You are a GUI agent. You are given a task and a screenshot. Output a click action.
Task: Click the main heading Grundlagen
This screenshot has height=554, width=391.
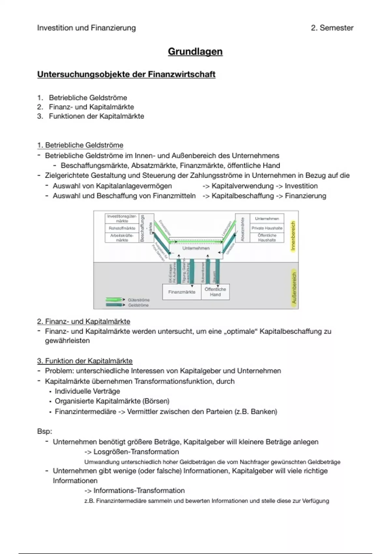[x=195, y=51]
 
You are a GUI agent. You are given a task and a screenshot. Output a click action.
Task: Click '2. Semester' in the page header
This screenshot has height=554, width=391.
[x=332, y=28]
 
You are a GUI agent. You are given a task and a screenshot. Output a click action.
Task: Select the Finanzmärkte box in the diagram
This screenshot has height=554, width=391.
[x=181, y=292]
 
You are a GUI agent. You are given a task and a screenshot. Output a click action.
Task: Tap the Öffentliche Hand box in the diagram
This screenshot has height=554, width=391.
[x=215, y=292]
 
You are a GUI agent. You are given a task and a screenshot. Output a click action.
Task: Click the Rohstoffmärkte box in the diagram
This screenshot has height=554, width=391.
[x=122, y=228]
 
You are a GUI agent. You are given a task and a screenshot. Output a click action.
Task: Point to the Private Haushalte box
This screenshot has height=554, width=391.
[x=267, y=228]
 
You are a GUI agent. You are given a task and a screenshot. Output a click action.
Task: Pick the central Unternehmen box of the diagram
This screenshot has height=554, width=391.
[x=196, y=249]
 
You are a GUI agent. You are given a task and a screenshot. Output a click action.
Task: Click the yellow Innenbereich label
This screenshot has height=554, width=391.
[x=293, y=236]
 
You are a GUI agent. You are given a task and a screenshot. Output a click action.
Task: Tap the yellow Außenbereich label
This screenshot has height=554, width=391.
[x=294, y=288]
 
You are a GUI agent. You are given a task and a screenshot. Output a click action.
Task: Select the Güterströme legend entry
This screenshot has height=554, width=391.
[x=138, y=300]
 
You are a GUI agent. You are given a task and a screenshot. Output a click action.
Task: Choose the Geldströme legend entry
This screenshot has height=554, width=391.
[x=138, y=305]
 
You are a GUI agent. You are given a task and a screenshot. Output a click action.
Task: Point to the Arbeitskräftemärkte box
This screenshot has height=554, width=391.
[x=122, y=238]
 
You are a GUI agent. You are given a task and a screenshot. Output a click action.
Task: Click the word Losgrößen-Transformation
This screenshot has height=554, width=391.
[x=136, y=452]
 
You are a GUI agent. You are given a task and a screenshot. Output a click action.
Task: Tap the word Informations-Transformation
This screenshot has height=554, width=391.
[x=139, y=491]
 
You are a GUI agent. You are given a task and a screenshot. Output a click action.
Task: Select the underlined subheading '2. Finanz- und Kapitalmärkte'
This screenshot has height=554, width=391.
[x=84, y=322]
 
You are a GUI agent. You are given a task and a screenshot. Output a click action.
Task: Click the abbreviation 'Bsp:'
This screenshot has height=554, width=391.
[x=45, y=431]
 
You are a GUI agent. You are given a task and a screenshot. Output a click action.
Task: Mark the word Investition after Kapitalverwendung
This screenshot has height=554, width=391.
[x=301, y=186]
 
